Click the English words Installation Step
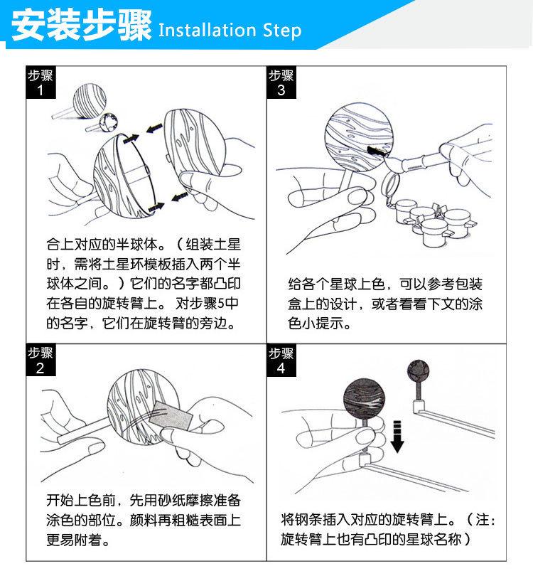230,30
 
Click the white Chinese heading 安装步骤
82,25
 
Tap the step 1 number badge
41,82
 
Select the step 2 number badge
41,360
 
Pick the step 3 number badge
281,82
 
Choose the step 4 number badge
281,360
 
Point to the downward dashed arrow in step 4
397,437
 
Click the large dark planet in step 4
365,399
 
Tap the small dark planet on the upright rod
418,371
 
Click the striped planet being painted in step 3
359,137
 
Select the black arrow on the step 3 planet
377,151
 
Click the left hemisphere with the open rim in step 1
125,176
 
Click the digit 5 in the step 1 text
221,304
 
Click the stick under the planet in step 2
83,428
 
